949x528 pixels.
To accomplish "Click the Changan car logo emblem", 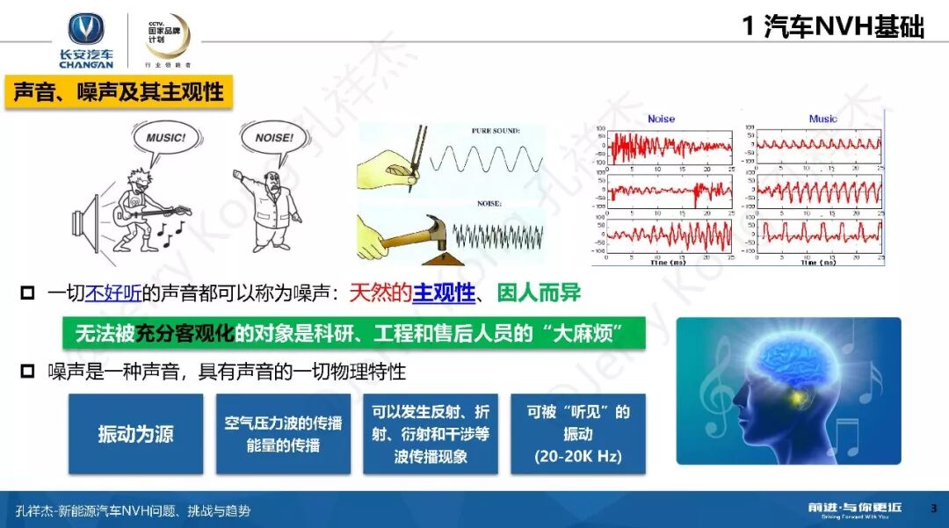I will click(x=86, y=29).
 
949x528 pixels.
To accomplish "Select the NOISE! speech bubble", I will click(x=273, y=139).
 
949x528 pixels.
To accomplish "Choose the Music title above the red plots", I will click(x=822, y=119).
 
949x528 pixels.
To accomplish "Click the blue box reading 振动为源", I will click(x=135, y=434).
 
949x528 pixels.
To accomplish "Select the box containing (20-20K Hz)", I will click(x=577, y=434).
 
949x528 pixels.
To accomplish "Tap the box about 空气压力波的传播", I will click(x=282, y=434).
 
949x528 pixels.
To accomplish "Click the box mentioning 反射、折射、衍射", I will click(x=431, y=434).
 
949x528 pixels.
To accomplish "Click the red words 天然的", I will click(x=380, y=293).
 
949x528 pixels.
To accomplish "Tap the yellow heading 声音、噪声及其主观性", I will click(x=119, y=90).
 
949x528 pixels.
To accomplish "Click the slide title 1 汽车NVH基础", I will click(x=832, y=27).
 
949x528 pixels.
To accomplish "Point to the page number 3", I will click(x=933, y=508).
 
